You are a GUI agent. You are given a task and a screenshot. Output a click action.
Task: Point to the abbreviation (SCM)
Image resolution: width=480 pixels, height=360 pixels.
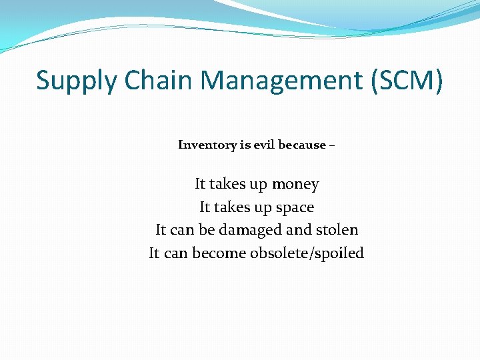click(x=405, y=81)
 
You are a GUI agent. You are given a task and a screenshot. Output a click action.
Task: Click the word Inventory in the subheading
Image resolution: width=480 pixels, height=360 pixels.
click(x=206, y=145)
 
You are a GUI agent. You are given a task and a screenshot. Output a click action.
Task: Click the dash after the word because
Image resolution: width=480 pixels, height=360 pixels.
click(x=332, y=145)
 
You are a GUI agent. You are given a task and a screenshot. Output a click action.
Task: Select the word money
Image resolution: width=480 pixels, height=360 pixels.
click(x=295, y=184)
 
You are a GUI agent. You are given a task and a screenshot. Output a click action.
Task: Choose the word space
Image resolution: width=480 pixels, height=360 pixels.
click(x=295, y=207)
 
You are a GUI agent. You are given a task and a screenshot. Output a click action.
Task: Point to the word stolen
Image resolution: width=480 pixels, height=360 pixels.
click(x=337, y=230)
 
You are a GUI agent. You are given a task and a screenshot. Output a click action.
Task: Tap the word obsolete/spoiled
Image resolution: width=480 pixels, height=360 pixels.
click(x=307, y=253)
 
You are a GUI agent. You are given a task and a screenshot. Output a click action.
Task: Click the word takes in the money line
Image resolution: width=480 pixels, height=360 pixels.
click(x=228, y=184)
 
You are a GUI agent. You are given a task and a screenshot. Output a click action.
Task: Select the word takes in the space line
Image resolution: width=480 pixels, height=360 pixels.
click(x=233, y=207)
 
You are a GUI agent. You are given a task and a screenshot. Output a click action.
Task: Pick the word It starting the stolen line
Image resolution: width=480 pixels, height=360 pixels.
click(x=161, y=230)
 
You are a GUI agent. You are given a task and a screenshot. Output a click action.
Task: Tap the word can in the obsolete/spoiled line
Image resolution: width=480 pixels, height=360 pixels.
click(x=177, y=253)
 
